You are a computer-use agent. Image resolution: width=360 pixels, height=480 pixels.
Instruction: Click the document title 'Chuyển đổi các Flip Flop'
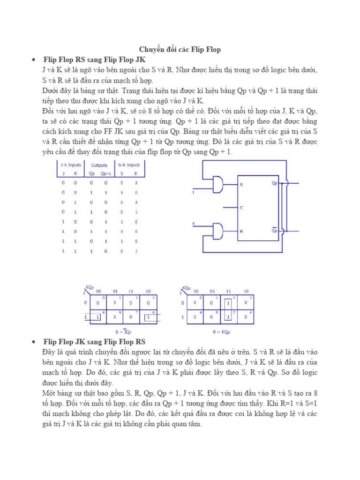point(180,49)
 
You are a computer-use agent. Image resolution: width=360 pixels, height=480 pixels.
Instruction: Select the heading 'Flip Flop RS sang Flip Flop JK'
point(94,60)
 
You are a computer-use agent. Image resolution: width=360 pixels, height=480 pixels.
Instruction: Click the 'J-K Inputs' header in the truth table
point(68,165)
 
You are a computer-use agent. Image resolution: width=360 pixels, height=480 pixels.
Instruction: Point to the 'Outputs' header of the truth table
point(99,165)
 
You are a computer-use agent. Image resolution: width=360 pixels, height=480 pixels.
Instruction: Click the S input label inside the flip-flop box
point(242,184)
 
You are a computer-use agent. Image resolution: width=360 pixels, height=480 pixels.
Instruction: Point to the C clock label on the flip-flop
point(241,207)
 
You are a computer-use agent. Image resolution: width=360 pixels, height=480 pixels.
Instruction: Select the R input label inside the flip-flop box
point(242,231)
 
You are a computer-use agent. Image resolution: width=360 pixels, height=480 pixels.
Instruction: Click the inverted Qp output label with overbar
point(275,230)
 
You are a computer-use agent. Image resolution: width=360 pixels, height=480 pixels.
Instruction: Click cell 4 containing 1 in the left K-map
point(98,317)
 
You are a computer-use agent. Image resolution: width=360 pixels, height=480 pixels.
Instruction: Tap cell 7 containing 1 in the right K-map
point(227,317)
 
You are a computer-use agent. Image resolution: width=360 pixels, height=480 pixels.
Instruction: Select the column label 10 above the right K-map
point(246,291)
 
